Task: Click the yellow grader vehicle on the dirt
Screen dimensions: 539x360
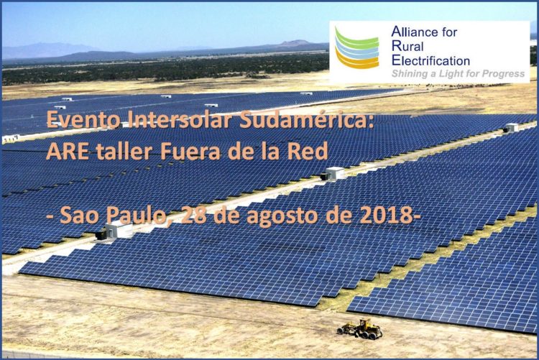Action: [359, 328]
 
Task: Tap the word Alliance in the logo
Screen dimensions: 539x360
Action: [413, 32]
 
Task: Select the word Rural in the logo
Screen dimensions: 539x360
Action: [407, 47]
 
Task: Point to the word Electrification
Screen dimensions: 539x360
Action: [430, 61]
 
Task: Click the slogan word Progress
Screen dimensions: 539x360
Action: [504, 74]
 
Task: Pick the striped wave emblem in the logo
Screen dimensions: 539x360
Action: [356, 48]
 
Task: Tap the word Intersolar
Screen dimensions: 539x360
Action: [178, 119]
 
